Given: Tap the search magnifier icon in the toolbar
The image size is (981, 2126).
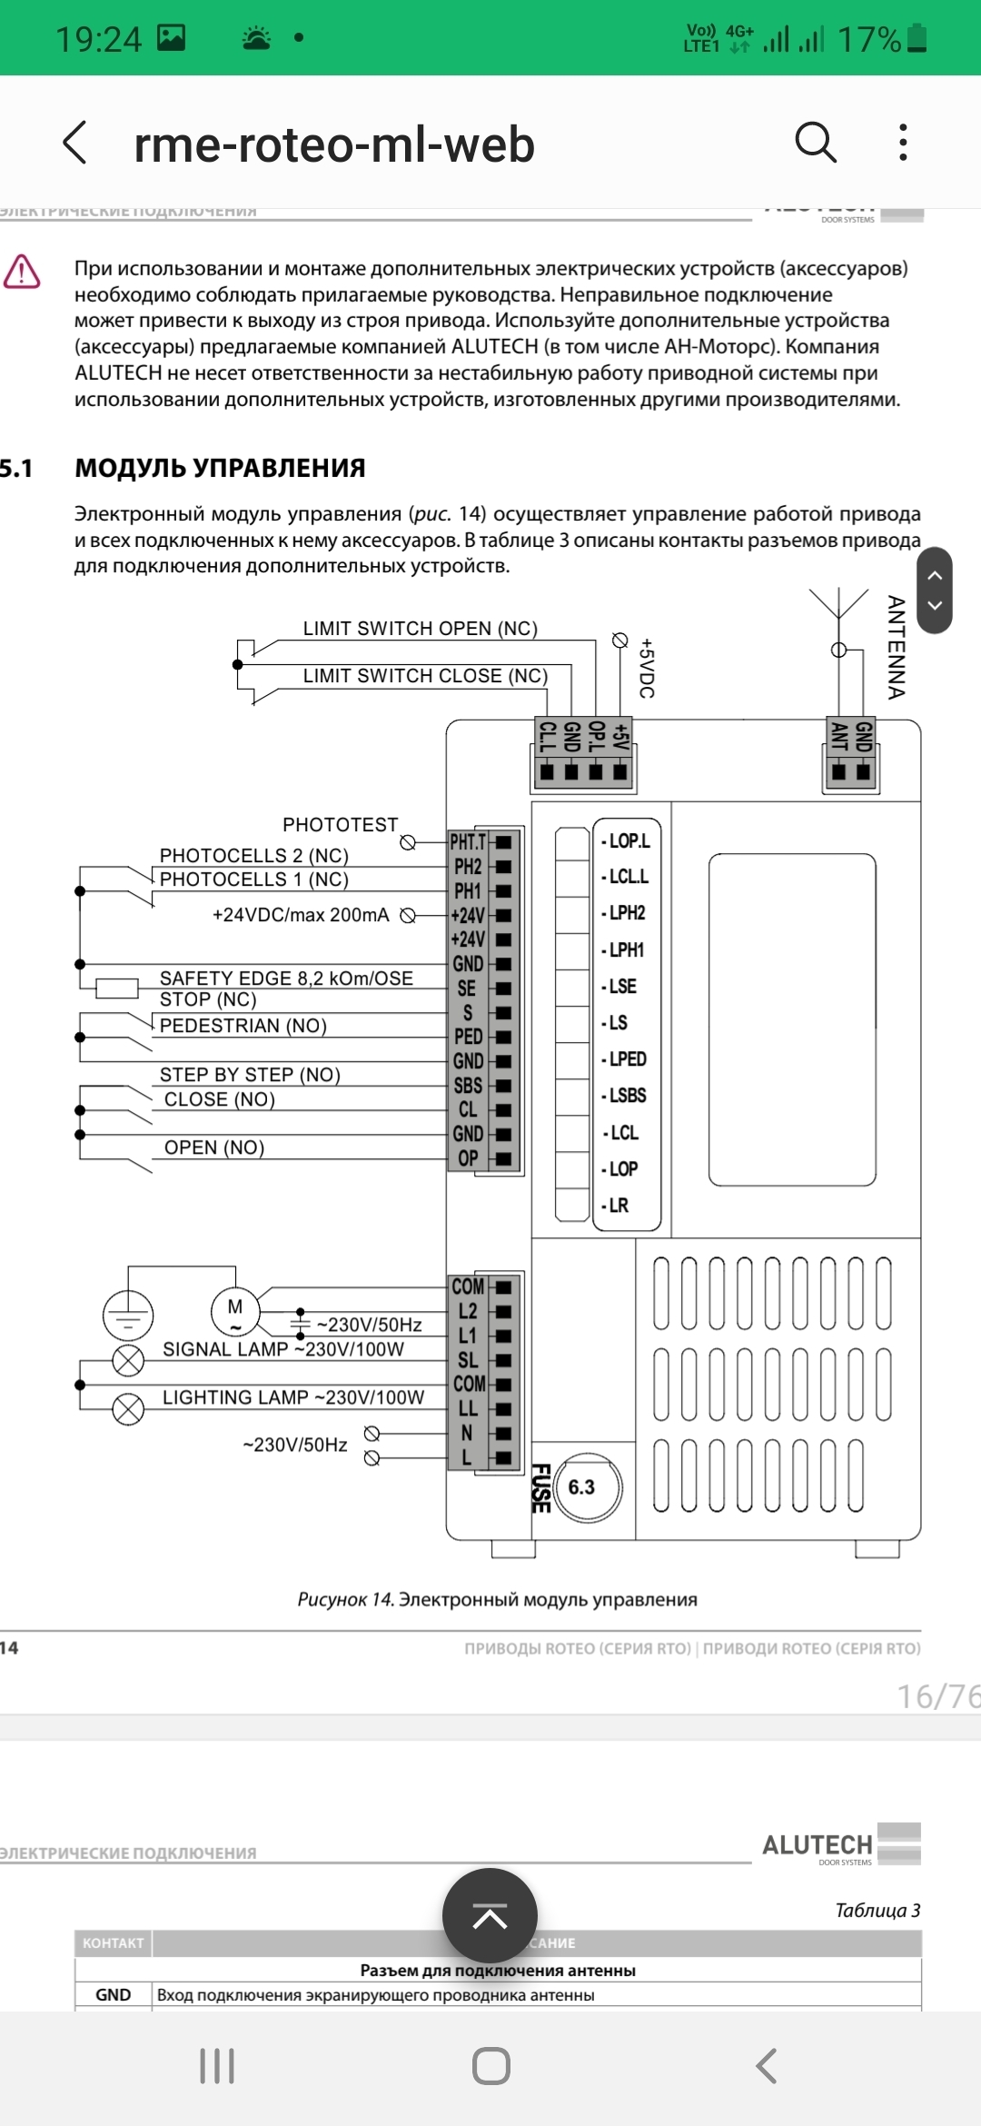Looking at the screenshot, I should pos(815,143).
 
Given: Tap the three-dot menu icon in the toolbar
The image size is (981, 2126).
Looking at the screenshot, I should pos(902,143).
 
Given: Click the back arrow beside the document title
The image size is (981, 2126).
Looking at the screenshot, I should pos(75,143).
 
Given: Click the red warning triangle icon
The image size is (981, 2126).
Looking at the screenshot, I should pos(22,272).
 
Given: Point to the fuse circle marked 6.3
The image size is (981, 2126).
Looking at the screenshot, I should pos(588,1487).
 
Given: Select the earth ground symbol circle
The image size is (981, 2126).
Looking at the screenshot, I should pos(128,1316).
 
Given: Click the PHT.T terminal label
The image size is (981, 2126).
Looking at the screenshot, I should pos(468,842).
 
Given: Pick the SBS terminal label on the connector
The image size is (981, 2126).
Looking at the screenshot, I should pos(468,1086).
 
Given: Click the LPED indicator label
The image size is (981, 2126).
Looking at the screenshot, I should pos(627,1059).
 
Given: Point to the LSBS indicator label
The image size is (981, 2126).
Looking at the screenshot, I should pos(627,1096).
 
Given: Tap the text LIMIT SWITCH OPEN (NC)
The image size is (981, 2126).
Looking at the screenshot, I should pos(420,629).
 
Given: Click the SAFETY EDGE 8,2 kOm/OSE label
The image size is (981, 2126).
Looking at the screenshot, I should pos(286,978).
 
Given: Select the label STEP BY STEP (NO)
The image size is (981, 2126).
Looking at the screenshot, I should pos(250,1075).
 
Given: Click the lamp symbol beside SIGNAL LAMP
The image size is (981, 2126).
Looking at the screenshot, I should pos(128,1360).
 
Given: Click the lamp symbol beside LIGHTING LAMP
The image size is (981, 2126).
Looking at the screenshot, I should pos(128,1409).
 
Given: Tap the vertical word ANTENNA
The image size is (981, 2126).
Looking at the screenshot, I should pos(896,647).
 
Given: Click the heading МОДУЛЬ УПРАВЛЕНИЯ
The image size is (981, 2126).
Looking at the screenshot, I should pos(220,468).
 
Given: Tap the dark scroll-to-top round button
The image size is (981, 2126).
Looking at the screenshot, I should pos(490,1915).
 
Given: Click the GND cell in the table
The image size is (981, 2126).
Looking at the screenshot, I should pos(113,1995).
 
